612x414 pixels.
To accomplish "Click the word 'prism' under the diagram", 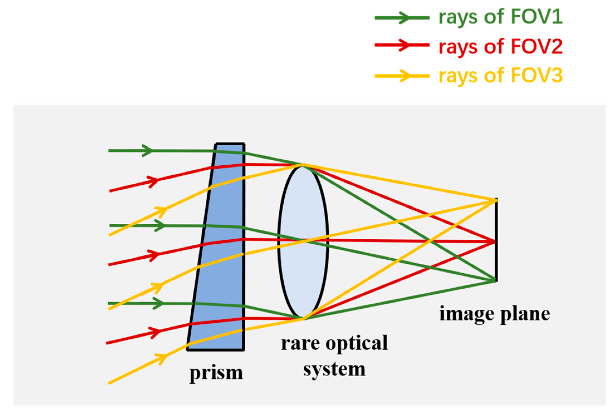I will pyautogui.click(x=216, y=373).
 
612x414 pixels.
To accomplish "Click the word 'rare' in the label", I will pyautogui.click(x=300, y=343).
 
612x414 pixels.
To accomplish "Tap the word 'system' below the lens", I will pyautogui.click(x=334, y=370).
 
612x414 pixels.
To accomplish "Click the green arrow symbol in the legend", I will pyautogui.click(x=402, y=18).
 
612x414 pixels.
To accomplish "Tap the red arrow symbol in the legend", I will pyautogui.click(x=402, y=45).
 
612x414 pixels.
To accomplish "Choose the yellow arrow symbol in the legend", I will pyautogui.click(x=402, y=76).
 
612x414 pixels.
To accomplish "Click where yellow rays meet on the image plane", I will pyautogui.click(x=495, y=200).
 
